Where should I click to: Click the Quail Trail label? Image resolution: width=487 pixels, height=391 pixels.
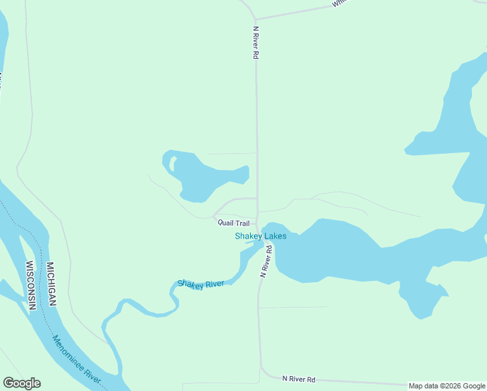(x=233, y=223)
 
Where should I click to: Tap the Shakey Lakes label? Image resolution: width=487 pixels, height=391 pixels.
(x=260, y=236)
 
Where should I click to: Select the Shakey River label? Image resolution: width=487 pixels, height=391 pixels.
(x=201, y=284)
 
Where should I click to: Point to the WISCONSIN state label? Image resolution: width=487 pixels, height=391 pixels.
(x=30, y=285)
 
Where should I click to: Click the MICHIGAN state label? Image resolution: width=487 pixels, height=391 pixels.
(x=50, y=284)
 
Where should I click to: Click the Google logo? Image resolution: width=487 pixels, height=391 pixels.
(x=22, y=383)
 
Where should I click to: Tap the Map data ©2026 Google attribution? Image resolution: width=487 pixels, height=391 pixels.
(x=447, y=386)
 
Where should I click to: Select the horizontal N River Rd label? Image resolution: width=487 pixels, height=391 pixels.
(x=299, y=379)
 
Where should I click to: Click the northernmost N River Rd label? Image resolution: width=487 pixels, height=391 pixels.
(x=256, y=43)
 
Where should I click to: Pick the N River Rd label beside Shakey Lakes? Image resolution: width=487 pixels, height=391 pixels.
(x=266, y=261)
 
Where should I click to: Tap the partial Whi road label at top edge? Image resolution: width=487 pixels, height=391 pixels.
(x=340, y=3)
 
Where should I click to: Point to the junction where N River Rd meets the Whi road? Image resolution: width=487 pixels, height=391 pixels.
(x=255, y=19)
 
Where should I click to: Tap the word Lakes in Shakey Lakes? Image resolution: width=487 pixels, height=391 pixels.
(x=274, y=236)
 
